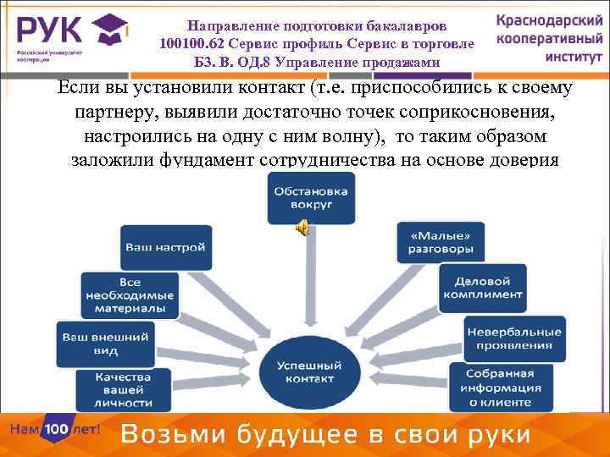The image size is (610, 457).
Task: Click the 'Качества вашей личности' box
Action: point(123,390)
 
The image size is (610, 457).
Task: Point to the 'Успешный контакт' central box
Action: point(309,372)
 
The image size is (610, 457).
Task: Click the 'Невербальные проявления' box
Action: point(513,338)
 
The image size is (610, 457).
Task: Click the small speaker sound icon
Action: point(301,226)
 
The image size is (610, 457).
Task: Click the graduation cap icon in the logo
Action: point(108,31)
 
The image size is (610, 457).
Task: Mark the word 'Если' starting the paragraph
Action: point(75,87)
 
